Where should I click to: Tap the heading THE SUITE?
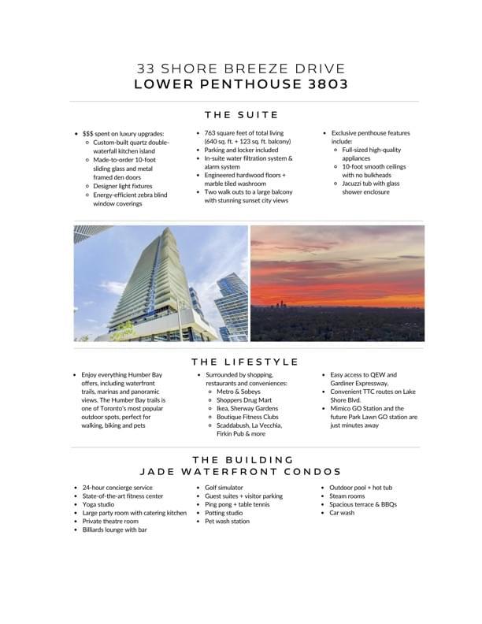241,115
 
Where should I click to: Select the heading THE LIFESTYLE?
244,362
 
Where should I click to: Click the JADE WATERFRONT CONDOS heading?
241,471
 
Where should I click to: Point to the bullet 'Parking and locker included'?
241,150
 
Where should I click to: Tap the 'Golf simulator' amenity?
224,488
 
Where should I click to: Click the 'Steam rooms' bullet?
347,496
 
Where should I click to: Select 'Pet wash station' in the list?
228,522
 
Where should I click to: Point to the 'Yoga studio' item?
98,505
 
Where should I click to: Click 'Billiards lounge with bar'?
115,530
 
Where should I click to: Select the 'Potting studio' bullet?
224,513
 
